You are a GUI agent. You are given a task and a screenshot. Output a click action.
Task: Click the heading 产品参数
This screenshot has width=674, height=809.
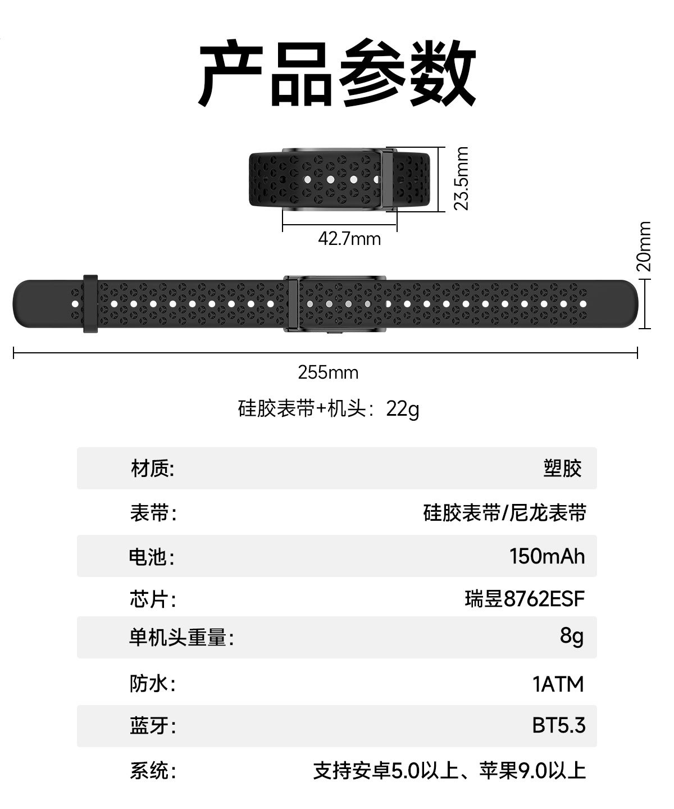[x=337, y=72]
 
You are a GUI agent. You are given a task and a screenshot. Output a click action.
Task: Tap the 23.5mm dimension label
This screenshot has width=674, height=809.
[x=461, y=179]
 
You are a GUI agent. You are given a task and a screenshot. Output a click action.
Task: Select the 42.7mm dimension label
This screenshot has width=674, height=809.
[x=349, y=239]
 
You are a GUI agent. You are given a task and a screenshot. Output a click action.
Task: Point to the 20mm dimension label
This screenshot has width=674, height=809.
[x=644, y=246]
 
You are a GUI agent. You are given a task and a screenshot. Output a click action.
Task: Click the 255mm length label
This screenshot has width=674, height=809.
[x=328, y=372]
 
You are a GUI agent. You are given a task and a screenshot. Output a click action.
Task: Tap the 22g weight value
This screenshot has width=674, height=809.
[x=403, y=409]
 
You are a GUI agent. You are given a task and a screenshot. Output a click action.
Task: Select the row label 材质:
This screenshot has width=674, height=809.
[x=153, y=469]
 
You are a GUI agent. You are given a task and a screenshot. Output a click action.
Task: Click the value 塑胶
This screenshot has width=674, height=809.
[x=562, y=469]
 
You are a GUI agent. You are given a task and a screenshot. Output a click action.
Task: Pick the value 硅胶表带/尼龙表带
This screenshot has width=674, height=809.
[x=505, y=512]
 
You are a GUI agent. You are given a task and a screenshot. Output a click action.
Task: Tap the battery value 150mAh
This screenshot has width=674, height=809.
[x=547, y=556]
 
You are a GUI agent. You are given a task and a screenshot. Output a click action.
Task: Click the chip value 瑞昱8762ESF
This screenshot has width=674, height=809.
[x=525, y=599]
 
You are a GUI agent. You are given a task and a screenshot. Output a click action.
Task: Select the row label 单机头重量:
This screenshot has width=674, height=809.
[x=181, y=637]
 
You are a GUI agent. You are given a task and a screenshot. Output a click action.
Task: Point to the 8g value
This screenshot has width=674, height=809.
[x=572, y=637]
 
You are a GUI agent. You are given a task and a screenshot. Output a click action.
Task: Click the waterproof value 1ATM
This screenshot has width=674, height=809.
[x=558, y=684]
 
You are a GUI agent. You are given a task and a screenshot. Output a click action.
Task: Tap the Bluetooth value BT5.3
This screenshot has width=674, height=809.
[x=558, y=725]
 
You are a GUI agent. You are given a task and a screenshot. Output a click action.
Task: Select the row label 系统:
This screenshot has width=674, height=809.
[x=153, y=770]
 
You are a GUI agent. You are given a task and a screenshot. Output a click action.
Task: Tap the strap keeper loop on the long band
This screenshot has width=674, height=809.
[x=90, y=304]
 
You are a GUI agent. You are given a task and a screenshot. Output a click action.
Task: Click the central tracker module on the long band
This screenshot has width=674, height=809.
[x=335, y=304]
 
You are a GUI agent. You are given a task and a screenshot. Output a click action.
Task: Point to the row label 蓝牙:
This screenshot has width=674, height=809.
[x=153, y=726]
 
